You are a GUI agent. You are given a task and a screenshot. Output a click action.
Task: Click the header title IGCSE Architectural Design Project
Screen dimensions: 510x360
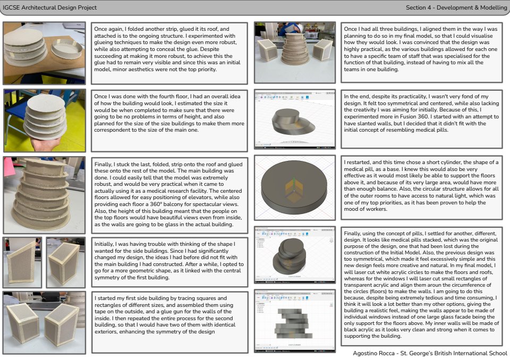coord(49,7)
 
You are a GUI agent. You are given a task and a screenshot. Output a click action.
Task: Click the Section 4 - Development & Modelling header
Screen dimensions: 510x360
coord(456,7)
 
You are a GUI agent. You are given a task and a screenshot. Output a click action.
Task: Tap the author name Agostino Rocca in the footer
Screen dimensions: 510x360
coord(373,353)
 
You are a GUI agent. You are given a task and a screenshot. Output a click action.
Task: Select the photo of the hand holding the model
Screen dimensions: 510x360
coord(45,121)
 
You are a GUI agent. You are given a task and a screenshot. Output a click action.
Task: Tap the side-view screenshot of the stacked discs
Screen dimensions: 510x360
coord(295,321)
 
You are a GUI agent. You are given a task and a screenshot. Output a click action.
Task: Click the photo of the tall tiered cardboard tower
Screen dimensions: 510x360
coord(44,195)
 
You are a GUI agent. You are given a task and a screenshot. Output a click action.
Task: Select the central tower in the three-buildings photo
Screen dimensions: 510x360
coord(295,48)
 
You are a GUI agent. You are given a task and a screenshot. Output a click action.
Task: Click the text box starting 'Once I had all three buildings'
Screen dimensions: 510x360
coord(421,53)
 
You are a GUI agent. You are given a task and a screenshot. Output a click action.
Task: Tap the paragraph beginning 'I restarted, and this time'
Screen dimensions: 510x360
coord(421,185)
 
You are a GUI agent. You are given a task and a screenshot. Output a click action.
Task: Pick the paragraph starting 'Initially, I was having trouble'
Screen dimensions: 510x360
coord(169,261)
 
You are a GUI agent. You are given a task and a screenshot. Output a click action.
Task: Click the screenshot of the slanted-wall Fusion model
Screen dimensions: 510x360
coord(295,119)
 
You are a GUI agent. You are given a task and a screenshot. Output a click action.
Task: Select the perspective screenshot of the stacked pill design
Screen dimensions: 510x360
coord(295,255)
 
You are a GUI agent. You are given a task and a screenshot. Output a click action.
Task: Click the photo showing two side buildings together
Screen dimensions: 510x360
coord(44,323)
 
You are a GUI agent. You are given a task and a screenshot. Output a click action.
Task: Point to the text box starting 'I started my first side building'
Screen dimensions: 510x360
coord(169,322)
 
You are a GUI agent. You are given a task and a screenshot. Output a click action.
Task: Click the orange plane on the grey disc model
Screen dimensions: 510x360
coord(294,188)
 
